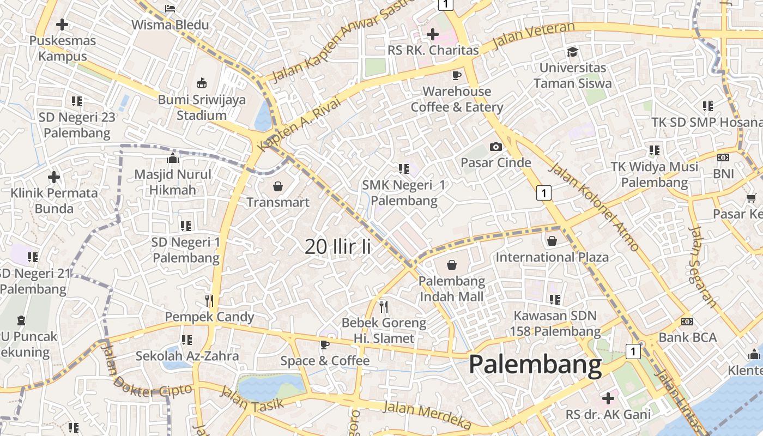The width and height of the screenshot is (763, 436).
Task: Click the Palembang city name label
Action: click(x=535, y=365)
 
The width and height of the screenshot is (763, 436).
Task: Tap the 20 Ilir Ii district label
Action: click(x=338, y=246)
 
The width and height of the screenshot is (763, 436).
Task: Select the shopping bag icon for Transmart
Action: click(x=278, y=187)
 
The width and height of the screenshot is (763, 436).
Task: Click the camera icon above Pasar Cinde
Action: click(x=495, y=147)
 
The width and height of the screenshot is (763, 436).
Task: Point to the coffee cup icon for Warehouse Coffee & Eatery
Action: click(x=457, y=75)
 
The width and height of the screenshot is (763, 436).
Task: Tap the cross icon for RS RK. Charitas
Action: click(x=433, y=35)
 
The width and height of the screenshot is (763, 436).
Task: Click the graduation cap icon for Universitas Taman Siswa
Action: click(x=572, y=52)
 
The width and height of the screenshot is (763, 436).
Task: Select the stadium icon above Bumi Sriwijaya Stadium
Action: click(x=202, y=83)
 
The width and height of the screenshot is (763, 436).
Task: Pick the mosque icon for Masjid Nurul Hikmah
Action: click(x=173, y=159)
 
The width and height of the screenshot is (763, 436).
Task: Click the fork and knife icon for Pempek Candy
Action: click(x=209, y=300)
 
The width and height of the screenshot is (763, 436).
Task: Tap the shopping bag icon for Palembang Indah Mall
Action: click(x=452, y=265)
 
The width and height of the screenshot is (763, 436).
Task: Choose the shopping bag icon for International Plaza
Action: click(x=552, y=240)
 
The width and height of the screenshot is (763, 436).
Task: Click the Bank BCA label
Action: click(x=687, y=337)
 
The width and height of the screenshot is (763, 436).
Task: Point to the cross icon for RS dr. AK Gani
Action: click(x=608, y=398)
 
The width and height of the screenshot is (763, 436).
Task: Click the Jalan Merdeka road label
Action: click(x=427, y=415)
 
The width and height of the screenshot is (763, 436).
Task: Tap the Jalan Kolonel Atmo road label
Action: click(x=594, y=207)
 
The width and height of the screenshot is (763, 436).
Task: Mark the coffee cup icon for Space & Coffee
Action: click(x=325, y=344)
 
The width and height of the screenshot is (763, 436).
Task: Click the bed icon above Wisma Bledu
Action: click(x=170, y=9)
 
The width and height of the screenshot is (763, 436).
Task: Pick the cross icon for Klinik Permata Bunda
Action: click(x=54, y=177)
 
